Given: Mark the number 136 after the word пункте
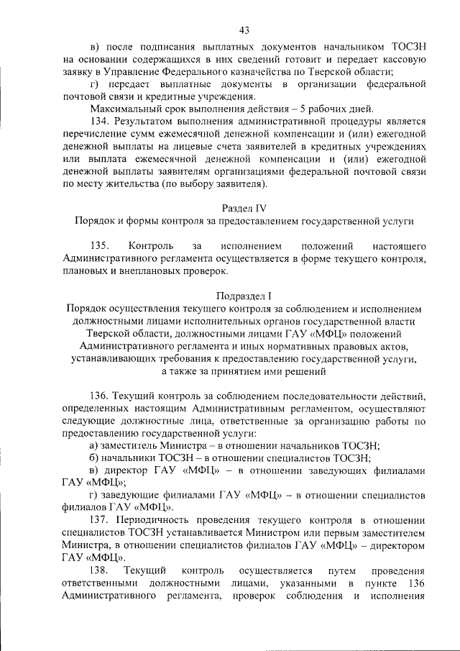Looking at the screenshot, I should [x=416, y=583].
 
